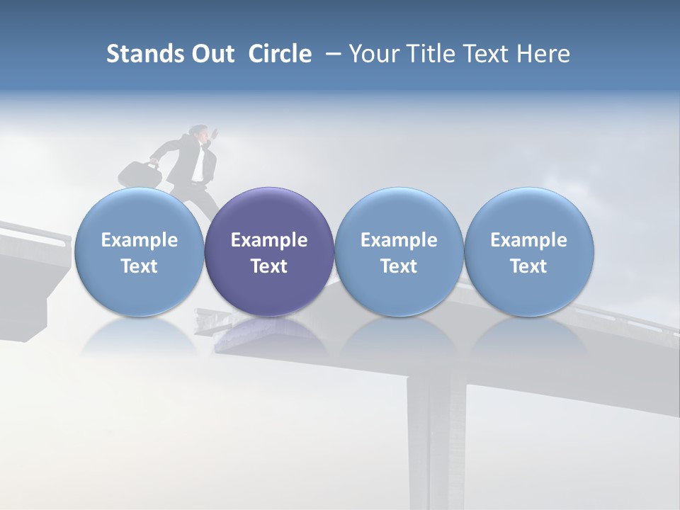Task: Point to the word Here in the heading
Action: tap(543, 54)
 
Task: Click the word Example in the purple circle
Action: tap(269, 240)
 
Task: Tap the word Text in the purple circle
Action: tap(269, 266)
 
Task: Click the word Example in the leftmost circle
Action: tap(139, 240)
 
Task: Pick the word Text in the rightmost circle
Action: tap(528, 266)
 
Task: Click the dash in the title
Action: tap(331, 54)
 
